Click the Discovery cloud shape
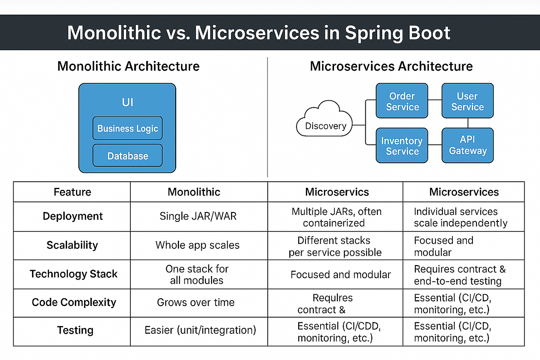click(324, 119)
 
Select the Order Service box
click(402, 101)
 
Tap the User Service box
click(467, 101)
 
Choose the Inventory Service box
click(402, 145)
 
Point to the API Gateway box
click(467, 145)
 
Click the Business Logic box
click(128, 128)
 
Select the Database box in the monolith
click(128, 155)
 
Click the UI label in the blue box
click(128, 102)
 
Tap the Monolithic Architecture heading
click(128, 66)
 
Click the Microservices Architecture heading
click(391, 66)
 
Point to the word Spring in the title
click(374, 34)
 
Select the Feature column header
click(73, 192)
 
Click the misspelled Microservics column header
click(337, 192)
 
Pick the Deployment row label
click(73, 216)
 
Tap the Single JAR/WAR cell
click(198, 216)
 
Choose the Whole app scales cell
click(197, 245)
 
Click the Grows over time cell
click(196, 303)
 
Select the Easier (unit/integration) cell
click(200, 330)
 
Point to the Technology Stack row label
click(74, 274)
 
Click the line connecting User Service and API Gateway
click(468, 123)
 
